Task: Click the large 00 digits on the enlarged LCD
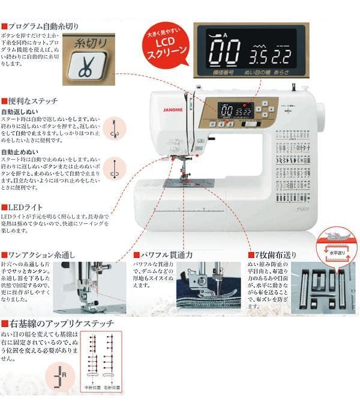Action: click(224, 53)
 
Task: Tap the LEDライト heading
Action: click(24, 207)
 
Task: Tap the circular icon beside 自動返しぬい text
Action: click(112, 129)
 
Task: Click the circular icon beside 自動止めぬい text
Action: click(112, 169)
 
